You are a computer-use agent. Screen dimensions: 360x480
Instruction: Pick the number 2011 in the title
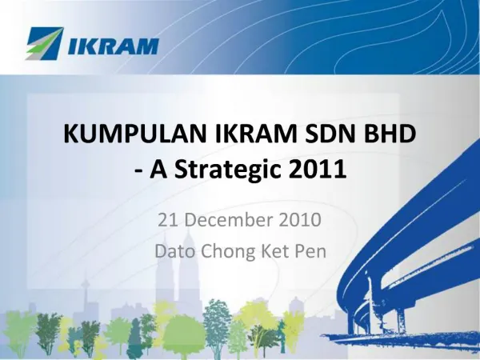[x=320, y=170]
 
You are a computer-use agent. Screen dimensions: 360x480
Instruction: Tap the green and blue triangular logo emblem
[x=44, y=45]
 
